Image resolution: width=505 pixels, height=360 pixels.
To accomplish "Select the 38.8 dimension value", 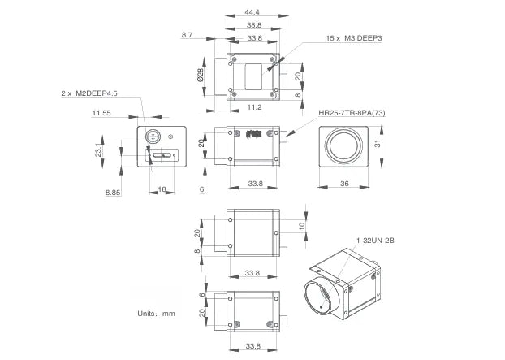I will point(254,25).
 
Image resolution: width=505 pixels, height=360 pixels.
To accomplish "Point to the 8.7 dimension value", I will point(188,36).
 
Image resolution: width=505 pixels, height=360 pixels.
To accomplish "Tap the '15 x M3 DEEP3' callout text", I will point(354,38).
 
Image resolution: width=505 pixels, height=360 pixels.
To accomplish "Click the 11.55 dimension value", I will point(102,112).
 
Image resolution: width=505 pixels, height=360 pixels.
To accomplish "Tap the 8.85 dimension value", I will point(113,192).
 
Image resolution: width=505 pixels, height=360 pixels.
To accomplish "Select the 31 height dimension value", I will point(378,144).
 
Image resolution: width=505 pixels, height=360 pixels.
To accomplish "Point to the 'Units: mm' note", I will point(157,313).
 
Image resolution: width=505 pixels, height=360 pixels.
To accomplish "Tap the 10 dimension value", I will point(301,225).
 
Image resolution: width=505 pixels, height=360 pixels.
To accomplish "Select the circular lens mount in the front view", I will point(343,146).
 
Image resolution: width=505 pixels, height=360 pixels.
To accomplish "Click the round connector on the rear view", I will point(152,137).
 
